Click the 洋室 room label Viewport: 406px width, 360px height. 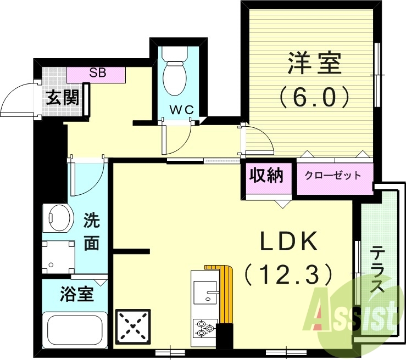314,63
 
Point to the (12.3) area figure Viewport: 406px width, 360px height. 288,273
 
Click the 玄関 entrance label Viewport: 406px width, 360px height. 62,98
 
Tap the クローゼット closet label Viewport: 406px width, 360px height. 333,176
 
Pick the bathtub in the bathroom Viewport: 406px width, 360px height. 76,329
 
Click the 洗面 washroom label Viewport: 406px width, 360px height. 91,233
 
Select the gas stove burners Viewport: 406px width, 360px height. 204,328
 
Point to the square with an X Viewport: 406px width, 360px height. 132,326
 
